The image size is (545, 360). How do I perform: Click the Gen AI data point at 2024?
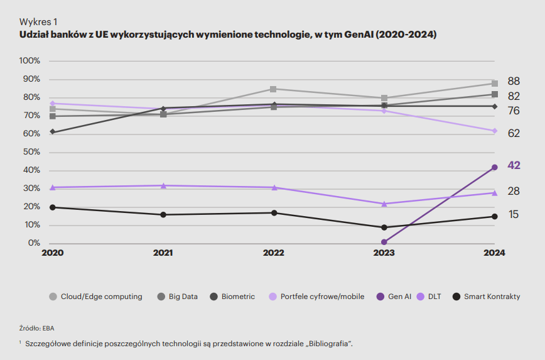pyautogui.click(x=495, y=167)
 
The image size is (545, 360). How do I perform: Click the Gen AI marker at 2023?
pyautogui.click(x=384, y=242)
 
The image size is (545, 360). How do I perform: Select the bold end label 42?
pyautogui.click(x=514, y=165)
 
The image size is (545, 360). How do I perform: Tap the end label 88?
pyautogui.click(x=514, y=81)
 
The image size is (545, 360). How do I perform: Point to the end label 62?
pyautogui.click(x=514, y=133)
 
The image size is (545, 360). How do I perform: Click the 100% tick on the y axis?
pyautogui.click(x=30, y=61)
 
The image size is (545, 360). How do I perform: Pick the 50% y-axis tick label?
pyautogui.click(x=32, y=152)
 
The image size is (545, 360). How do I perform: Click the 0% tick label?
pyautogui.click(x=35, y=243)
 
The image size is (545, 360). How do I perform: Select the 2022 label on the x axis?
pyautogui.click(x=274, y=253)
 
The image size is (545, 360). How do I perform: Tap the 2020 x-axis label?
pyautogui.click(x=53, y=253)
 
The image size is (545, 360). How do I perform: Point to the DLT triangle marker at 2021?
pyautogui.click(x=163, y=185)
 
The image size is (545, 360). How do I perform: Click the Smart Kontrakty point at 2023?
pyautogui.click(x=384, y=227)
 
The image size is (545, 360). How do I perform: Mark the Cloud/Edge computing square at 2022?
pyautogui.click(x=274, y=89)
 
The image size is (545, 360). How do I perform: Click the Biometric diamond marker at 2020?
pyautogui.click(x=53, y=132)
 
